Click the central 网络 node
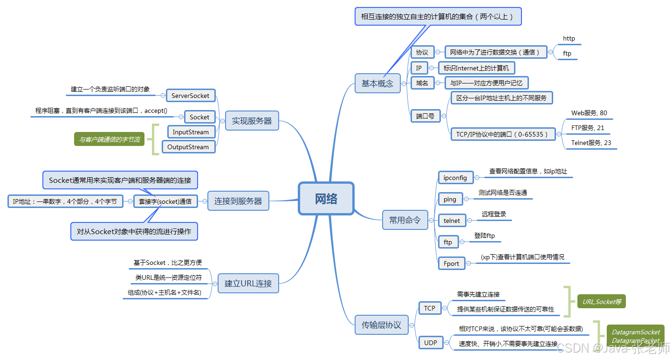point(326,199)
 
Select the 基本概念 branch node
point(377,83)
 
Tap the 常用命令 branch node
point(405,220)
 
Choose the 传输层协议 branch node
point(381,325)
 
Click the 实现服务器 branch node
point(252,121)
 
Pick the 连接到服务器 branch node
point(238,201)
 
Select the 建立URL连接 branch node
point(248,283)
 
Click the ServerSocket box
point(190,96)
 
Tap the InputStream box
point(191,132)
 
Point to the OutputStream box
point(188,147)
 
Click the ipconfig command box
point(455,178)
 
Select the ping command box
point(450,199)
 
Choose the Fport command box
point(451,263)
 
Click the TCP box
point(429,308)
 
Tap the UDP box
point(430,343)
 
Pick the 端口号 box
point(425,116)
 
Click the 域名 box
point(422,83)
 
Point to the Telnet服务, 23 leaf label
point(591,143)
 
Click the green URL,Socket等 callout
point(601,302)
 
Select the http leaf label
point(569,39)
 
